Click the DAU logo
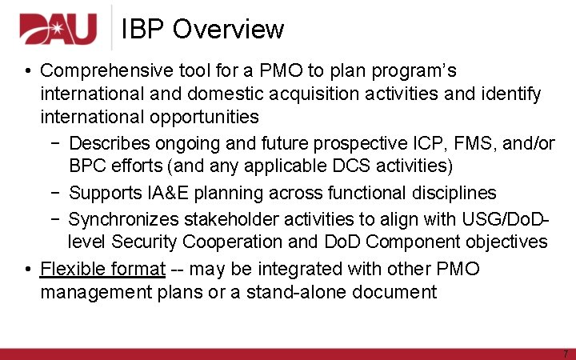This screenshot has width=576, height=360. [x=58, y=30]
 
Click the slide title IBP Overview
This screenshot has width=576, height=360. [x=202, y=30]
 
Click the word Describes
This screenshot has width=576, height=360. [x=110, y=143]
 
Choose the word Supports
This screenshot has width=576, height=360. [x=106, y=193]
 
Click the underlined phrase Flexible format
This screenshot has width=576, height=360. [x=102, y=269]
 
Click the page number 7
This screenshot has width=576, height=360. [x=565, y=353]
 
